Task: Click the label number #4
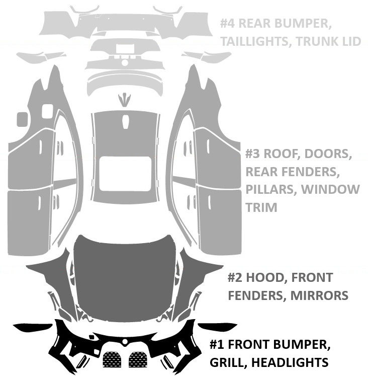tap(228, 24)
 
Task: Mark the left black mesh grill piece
tap(112, 359)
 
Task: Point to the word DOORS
tap(327, 154)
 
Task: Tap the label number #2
tap(236, 278)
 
